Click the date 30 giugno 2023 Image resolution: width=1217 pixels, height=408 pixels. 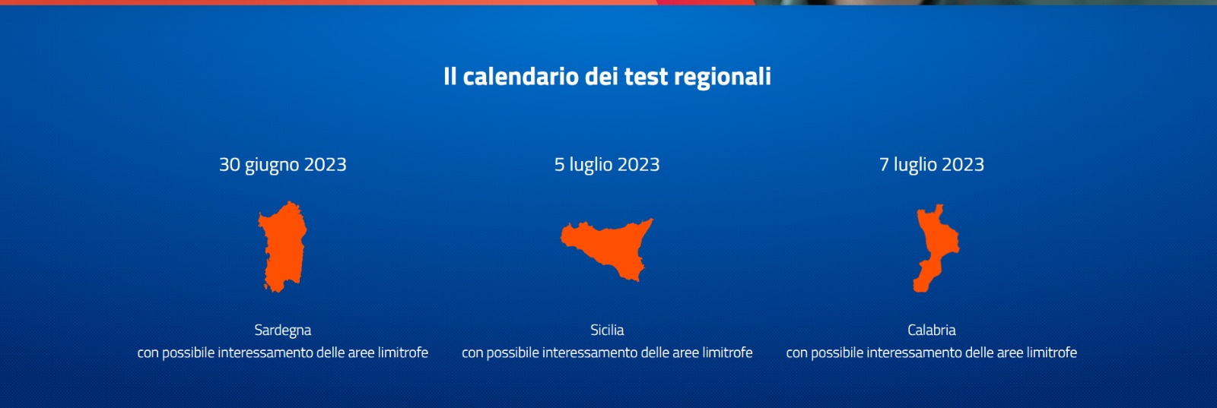pyautogui.click(x=282, y=165)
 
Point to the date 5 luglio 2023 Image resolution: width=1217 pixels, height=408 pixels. pyautogui.click(x=607, y=165)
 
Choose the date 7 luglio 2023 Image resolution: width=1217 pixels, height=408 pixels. pyautogui.click(x=932, y=165)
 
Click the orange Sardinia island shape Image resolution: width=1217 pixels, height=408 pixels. pyautogui.click(x=282, y=247)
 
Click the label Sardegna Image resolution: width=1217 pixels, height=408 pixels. pyautogui.click(x=282, y=331)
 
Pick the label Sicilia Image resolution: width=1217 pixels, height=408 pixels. pyautogui.click(x=607, y=330)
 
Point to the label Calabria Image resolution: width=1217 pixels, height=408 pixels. pyautogui.click(x=931, y=330)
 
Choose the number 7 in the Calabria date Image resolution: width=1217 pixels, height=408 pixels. pyautogui.click(x=884, y=165)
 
